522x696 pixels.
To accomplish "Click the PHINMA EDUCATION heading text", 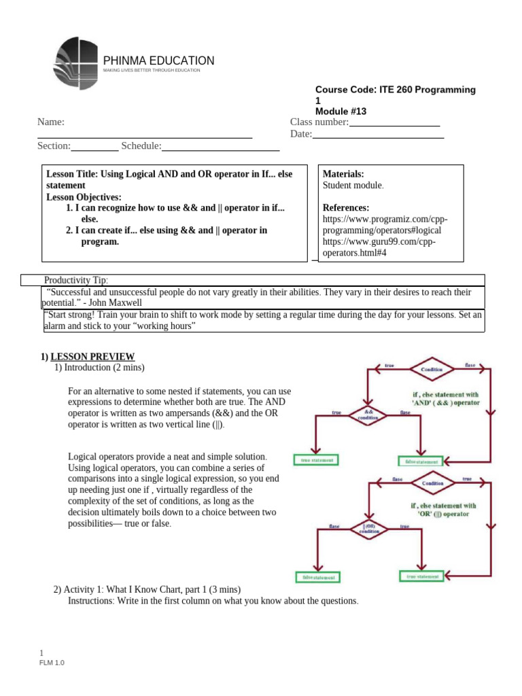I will click(x=158, y=60).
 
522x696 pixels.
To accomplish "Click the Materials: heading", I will click(x=343, y=174).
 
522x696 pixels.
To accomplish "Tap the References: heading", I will click(x=346, y=207).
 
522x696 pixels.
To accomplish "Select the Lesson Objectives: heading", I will click(x=84, y=196).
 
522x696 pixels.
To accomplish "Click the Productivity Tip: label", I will click(x=76, y=280).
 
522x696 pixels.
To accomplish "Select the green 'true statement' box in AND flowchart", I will click(x=317, y=460).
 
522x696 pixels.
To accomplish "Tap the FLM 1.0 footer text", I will click(x=52, y=663).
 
